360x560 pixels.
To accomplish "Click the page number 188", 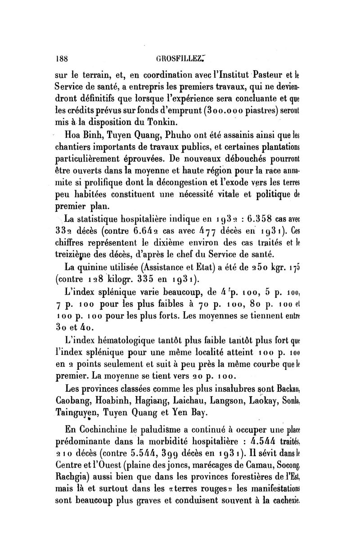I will pyautogui.click(x=60, y=58).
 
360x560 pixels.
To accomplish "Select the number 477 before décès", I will pyautogui.click(x=194, y=232).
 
